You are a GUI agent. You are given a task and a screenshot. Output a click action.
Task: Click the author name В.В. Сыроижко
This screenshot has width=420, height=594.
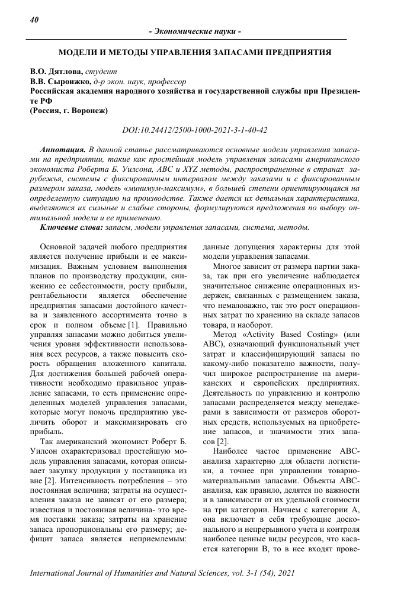[x=60, y=81]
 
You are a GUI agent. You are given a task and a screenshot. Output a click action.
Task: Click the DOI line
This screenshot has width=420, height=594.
[x=194, y=130]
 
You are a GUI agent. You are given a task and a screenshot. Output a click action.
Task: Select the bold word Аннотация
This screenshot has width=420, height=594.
[x=61, y=150]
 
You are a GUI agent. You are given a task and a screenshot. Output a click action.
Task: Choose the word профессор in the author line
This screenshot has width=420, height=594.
[x=165, y=81]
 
